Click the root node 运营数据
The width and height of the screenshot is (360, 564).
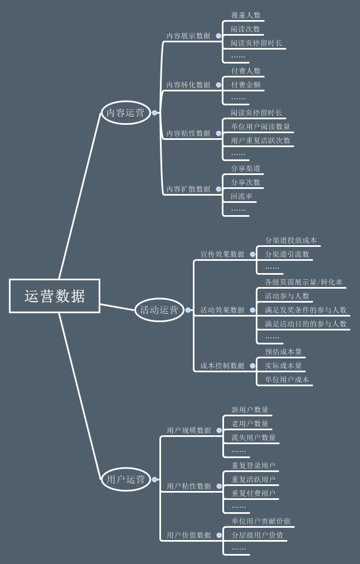pyautogui.click(x=55, y=296)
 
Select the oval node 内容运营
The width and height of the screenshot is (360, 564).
pyautogui.click(x=125, y=113)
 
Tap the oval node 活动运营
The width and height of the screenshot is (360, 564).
pyautogui.click(x=159, y=310)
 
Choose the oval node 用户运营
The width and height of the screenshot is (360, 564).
pyautogui.click(x=125, y=479)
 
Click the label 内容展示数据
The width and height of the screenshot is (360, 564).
pyautogui.click(x=188, y=36)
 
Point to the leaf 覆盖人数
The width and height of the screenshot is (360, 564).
pyautogui.click(x=246, y=15)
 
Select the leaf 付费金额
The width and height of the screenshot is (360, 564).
pyautogui.click(x=246, y=85)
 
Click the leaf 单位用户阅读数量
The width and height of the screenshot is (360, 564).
pyautogui.click(x=261, y=127)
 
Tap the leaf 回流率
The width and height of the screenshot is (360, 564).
pyautogui.click(x=242, y=196)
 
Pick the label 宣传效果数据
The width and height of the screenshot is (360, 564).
pyautogui.click(x=222, y=254)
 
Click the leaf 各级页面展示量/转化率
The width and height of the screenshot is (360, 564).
pyautogui.click(x=304, y=282)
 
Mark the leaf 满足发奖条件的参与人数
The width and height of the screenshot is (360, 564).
pyautogui.click(x=305, y=310)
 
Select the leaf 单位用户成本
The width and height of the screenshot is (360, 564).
pyautogui.click(x=287, y=380)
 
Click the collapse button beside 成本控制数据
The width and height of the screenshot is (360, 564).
pyautogui.click(x=252, y=366)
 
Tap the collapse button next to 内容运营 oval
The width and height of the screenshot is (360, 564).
pyautogui.click(x=154, y=113)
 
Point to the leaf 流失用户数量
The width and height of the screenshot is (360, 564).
pyautogui.click(x=254, y=437)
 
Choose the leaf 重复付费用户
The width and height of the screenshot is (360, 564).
pyautogui.click(x=254, y=493)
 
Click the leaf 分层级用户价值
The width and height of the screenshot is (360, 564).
pyautogui.click(x=257, y=535)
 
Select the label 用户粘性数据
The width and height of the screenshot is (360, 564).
pyautogui.click(x=189, y=486)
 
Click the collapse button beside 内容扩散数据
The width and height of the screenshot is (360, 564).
pyautogui.click(x=218, y=189)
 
